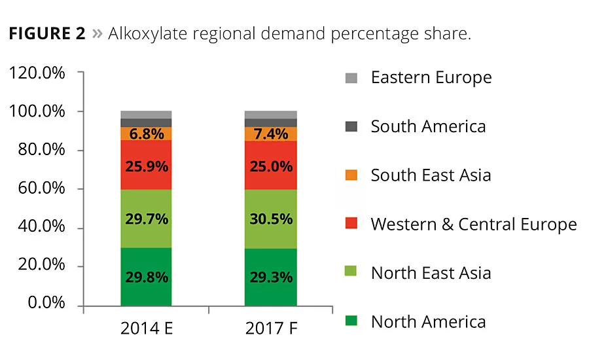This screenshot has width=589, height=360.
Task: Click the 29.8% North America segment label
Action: click(x=146, y=277)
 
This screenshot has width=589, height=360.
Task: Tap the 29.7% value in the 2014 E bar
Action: click(x=146, y=219)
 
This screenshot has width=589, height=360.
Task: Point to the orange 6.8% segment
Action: click(x=146, y=134)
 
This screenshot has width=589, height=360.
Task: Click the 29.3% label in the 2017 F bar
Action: click(x=271, y=277)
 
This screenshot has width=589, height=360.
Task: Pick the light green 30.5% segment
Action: click(x=271, y=219)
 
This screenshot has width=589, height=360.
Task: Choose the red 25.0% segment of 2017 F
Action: click(x=271, y=166)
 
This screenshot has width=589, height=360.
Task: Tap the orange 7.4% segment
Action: click(x=271, y=134)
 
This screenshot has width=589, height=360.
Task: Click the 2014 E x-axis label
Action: click(x=146, y=327)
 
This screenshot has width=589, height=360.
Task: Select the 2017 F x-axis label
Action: click(x=271, y=327)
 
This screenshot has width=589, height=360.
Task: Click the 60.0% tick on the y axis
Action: click(x=41, y=189)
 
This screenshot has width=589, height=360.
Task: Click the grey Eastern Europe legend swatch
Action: click(x=351, y=79)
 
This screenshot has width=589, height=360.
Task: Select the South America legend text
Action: click(x=428, y=126)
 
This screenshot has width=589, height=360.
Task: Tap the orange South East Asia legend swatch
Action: click(x=351, y=175)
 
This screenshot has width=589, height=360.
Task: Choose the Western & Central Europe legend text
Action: click(x=473, y=225)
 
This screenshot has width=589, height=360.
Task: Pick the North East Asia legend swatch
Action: click(x=351, y=273)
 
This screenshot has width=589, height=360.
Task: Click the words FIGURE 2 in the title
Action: click(x=47, y=34)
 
